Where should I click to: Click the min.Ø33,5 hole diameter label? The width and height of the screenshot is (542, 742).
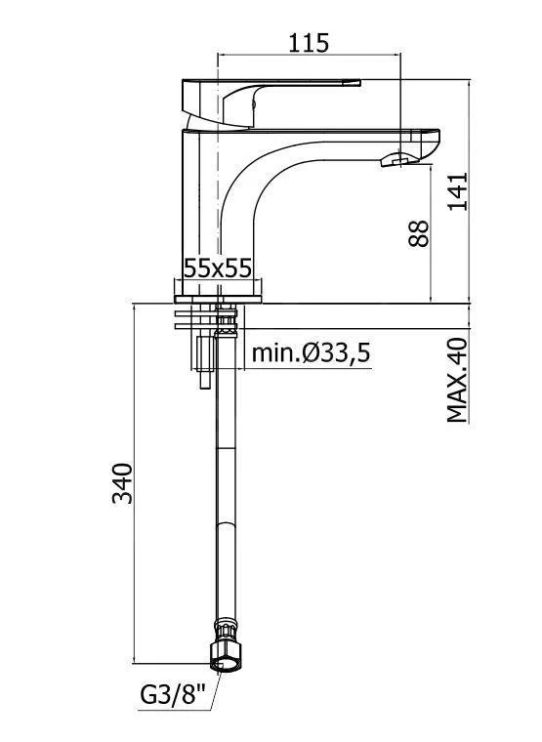[x=311, y=352]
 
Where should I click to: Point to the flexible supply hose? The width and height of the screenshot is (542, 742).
[x=226, y=488]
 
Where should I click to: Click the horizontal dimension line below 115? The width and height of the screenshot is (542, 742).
[x=309, y=54]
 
